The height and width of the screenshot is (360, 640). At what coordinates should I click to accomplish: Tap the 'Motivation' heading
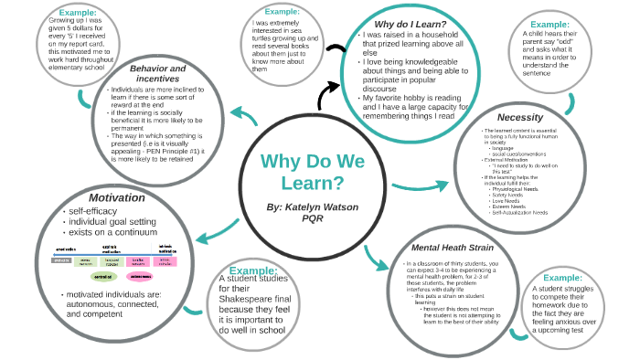pyautogui.click(x=116, y=197)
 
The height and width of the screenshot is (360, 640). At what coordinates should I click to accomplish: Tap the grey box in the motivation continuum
pyautogui.click(x=62, y=260)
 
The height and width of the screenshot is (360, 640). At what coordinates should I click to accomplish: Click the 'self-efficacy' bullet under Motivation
pyautogui.click(x=95, y=212)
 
